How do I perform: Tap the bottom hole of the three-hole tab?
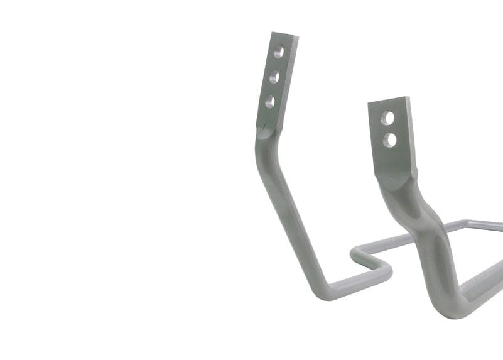pos(269,101)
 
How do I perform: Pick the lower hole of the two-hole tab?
pos(390,139)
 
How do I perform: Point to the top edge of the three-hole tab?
pos(284,35)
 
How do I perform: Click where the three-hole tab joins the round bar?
pos(266,133)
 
